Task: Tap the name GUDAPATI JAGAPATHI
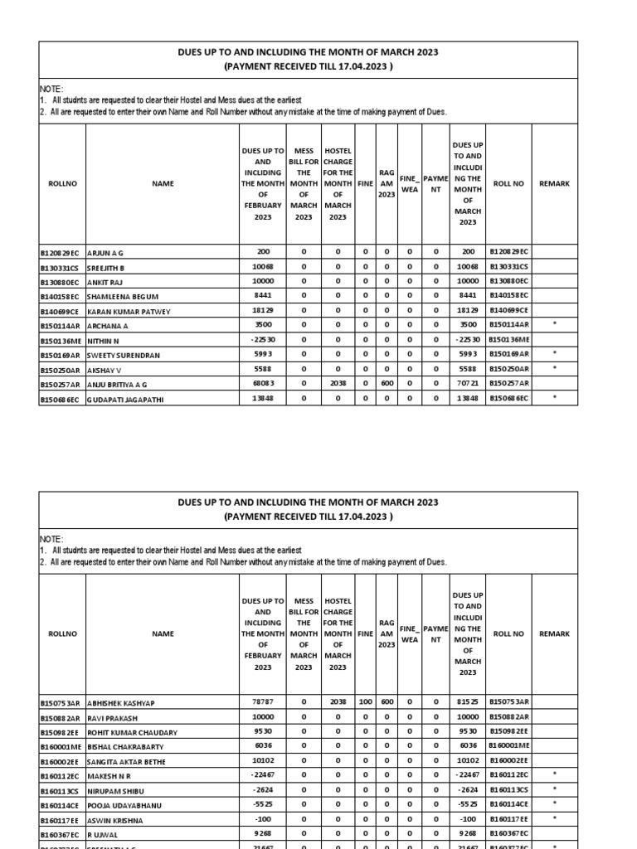125,399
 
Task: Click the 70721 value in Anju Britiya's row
468,385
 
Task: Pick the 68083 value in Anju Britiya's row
262,385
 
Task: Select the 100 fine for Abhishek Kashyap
365,702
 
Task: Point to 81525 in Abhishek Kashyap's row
468,702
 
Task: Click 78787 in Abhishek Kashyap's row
262,702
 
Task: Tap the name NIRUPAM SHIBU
117,790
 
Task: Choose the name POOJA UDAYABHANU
125,805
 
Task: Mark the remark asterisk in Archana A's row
554,325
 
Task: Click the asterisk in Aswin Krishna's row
554,819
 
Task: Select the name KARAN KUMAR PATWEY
127,310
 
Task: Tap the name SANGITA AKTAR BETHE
128,761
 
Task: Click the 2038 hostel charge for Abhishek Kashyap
338,702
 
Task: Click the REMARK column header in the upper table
554,183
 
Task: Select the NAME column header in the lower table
163,633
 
